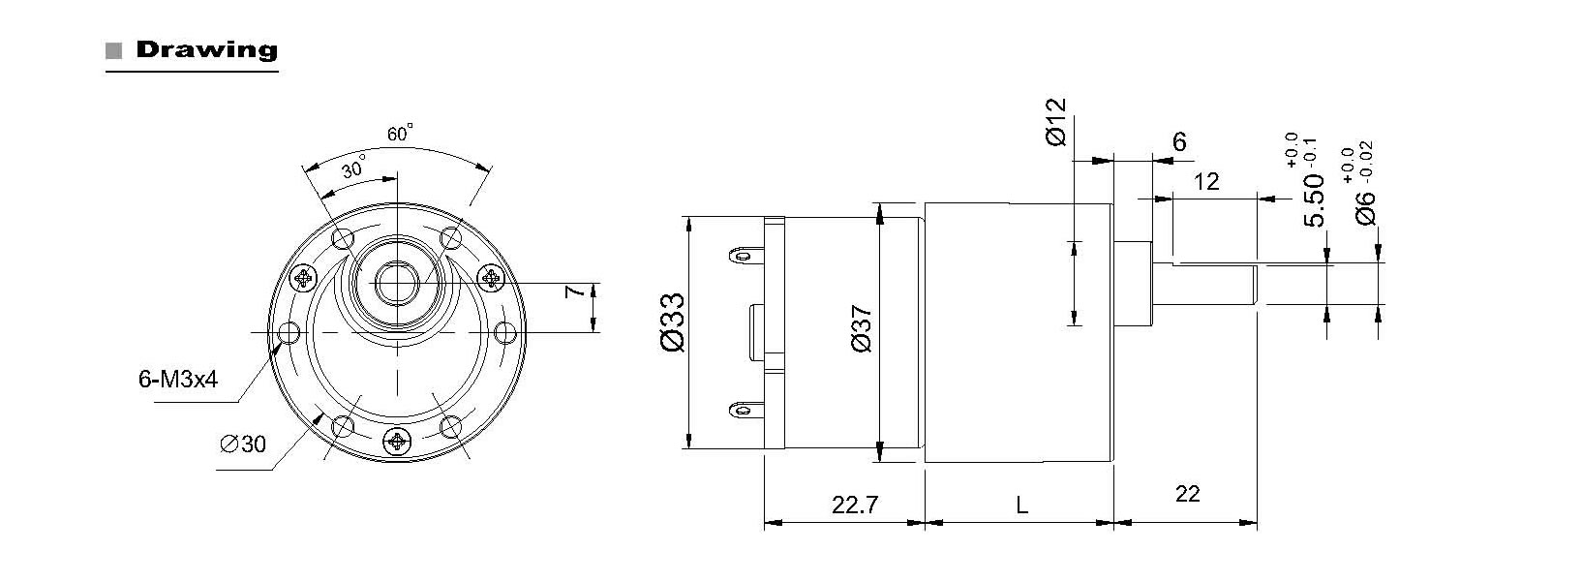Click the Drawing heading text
click(206, 49)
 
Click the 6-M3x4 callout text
click(178, 380)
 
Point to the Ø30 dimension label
click(243, 444)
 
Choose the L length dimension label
click(1022, 505)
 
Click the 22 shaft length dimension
click(1187, 494)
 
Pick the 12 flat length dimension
click(1206, 181)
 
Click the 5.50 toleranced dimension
click(1314, 199)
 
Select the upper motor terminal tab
click(742, 256)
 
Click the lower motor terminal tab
click(742, 411)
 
